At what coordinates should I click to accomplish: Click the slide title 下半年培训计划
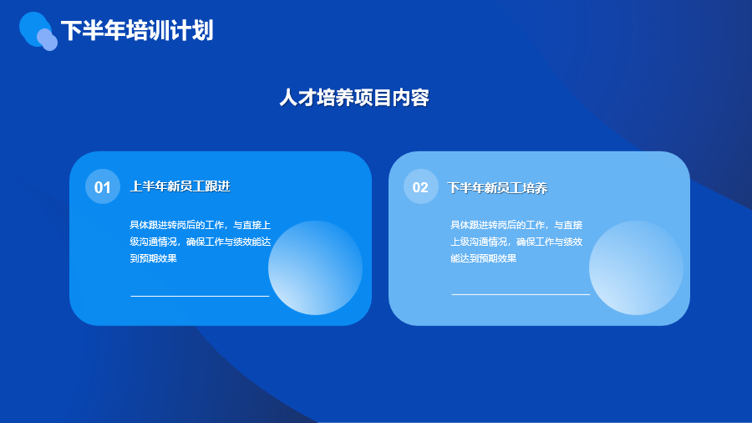pos(137,31)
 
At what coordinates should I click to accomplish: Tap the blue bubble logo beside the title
pos(38,31)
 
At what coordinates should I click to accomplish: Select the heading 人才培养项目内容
pos(354,98)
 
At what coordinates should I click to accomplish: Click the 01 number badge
pos(103,186)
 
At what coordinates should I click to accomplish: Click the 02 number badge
pos(420,186)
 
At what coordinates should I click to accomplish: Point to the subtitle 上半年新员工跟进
pos(180,186)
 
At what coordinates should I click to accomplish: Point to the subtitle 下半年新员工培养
pos(497,187)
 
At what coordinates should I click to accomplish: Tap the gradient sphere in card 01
pos(315,268)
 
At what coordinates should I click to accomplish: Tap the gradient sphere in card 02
pos(636,268)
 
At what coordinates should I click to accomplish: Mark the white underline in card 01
pos(200,296)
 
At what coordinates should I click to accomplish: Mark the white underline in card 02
pos(521,294)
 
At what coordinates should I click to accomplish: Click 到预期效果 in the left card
pos(154,258)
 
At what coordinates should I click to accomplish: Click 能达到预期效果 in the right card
pos(484,258)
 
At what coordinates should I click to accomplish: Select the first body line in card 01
pos(200,225)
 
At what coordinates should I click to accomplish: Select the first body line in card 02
pos(516,225)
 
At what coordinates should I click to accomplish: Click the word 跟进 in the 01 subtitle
pos(218,186)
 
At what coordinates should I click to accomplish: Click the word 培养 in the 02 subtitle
pos(536,187)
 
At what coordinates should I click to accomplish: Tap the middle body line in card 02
pos(516,242)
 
